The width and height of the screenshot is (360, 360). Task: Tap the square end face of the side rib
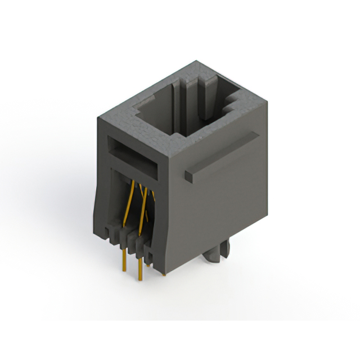[x=188, y=176]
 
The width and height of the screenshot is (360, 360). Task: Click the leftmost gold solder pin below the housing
[x=123, y=260]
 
